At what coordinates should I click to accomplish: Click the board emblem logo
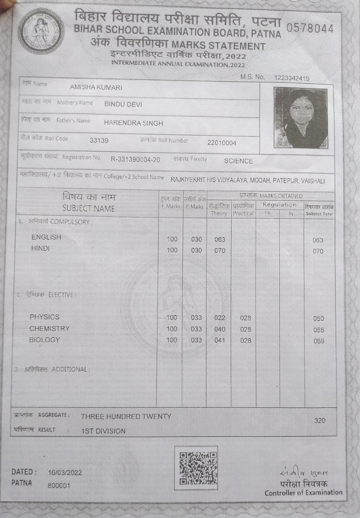coord(40,31)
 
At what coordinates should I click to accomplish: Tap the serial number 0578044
coord(310,29)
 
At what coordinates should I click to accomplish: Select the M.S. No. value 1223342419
coord(292,78)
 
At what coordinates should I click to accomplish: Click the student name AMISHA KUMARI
coord(96,88)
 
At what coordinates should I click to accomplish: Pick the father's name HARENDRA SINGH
coord(133,123)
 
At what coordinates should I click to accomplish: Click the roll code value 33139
coord(99,141)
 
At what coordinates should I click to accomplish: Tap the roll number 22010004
coord(222,143)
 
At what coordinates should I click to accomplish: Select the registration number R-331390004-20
coord(136,160)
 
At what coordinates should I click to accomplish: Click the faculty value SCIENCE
coord(238,161)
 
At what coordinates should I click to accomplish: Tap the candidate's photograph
coord(301,118)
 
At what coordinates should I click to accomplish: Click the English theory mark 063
coord(220,240)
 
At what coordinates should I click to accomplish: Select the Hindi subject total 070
coord(318,251)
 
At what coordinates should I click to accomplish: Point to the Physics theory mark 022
coord(220,318)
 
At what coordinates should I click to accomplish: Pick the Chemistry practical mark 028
coord(246,329)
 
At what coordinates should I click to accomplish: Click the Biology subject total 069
coord(319,341)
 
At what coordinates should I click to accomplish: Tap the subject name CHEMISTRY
coord(49,329)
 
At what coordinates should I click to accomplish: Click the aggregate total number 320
coord(320,421)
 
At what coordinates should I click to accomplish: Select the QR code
coord(196,467)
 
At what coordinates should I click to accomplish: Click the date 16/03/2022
coord(65,472)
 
